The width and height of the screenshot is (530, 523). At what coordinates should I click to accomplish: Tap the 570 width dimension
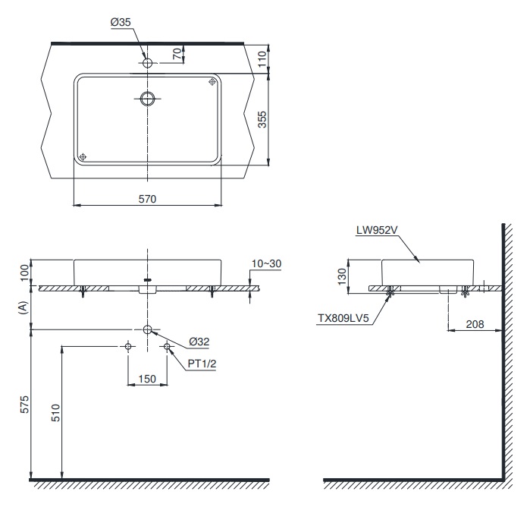147,199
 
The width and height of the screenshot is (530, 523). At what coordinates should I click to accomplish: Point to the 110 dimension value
262,58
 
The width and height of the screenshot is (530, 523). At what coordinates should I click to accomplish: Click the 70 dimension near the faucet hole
177,54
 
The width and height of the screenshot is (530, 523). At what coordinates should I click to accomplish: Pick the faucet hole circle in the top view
148,61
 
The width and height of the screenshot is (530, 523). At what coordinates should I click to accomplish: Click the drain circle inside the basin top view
148,98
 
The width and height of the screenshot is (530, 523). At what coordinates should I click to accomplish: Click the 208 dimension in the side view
475,324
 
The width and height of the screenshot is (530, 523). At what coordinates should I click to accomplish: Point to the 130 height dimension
340,274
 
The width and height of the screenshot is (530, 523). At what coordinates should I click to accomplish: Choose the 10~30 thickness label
266,263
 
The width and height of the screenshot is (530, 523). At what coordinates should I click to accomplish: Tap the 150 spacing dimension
147,379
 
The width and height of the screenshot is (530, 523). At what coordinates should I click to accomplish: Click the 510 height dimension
54,413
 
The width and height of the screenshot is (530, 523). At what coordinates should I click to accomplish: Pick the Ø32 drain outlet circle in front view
148,329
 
